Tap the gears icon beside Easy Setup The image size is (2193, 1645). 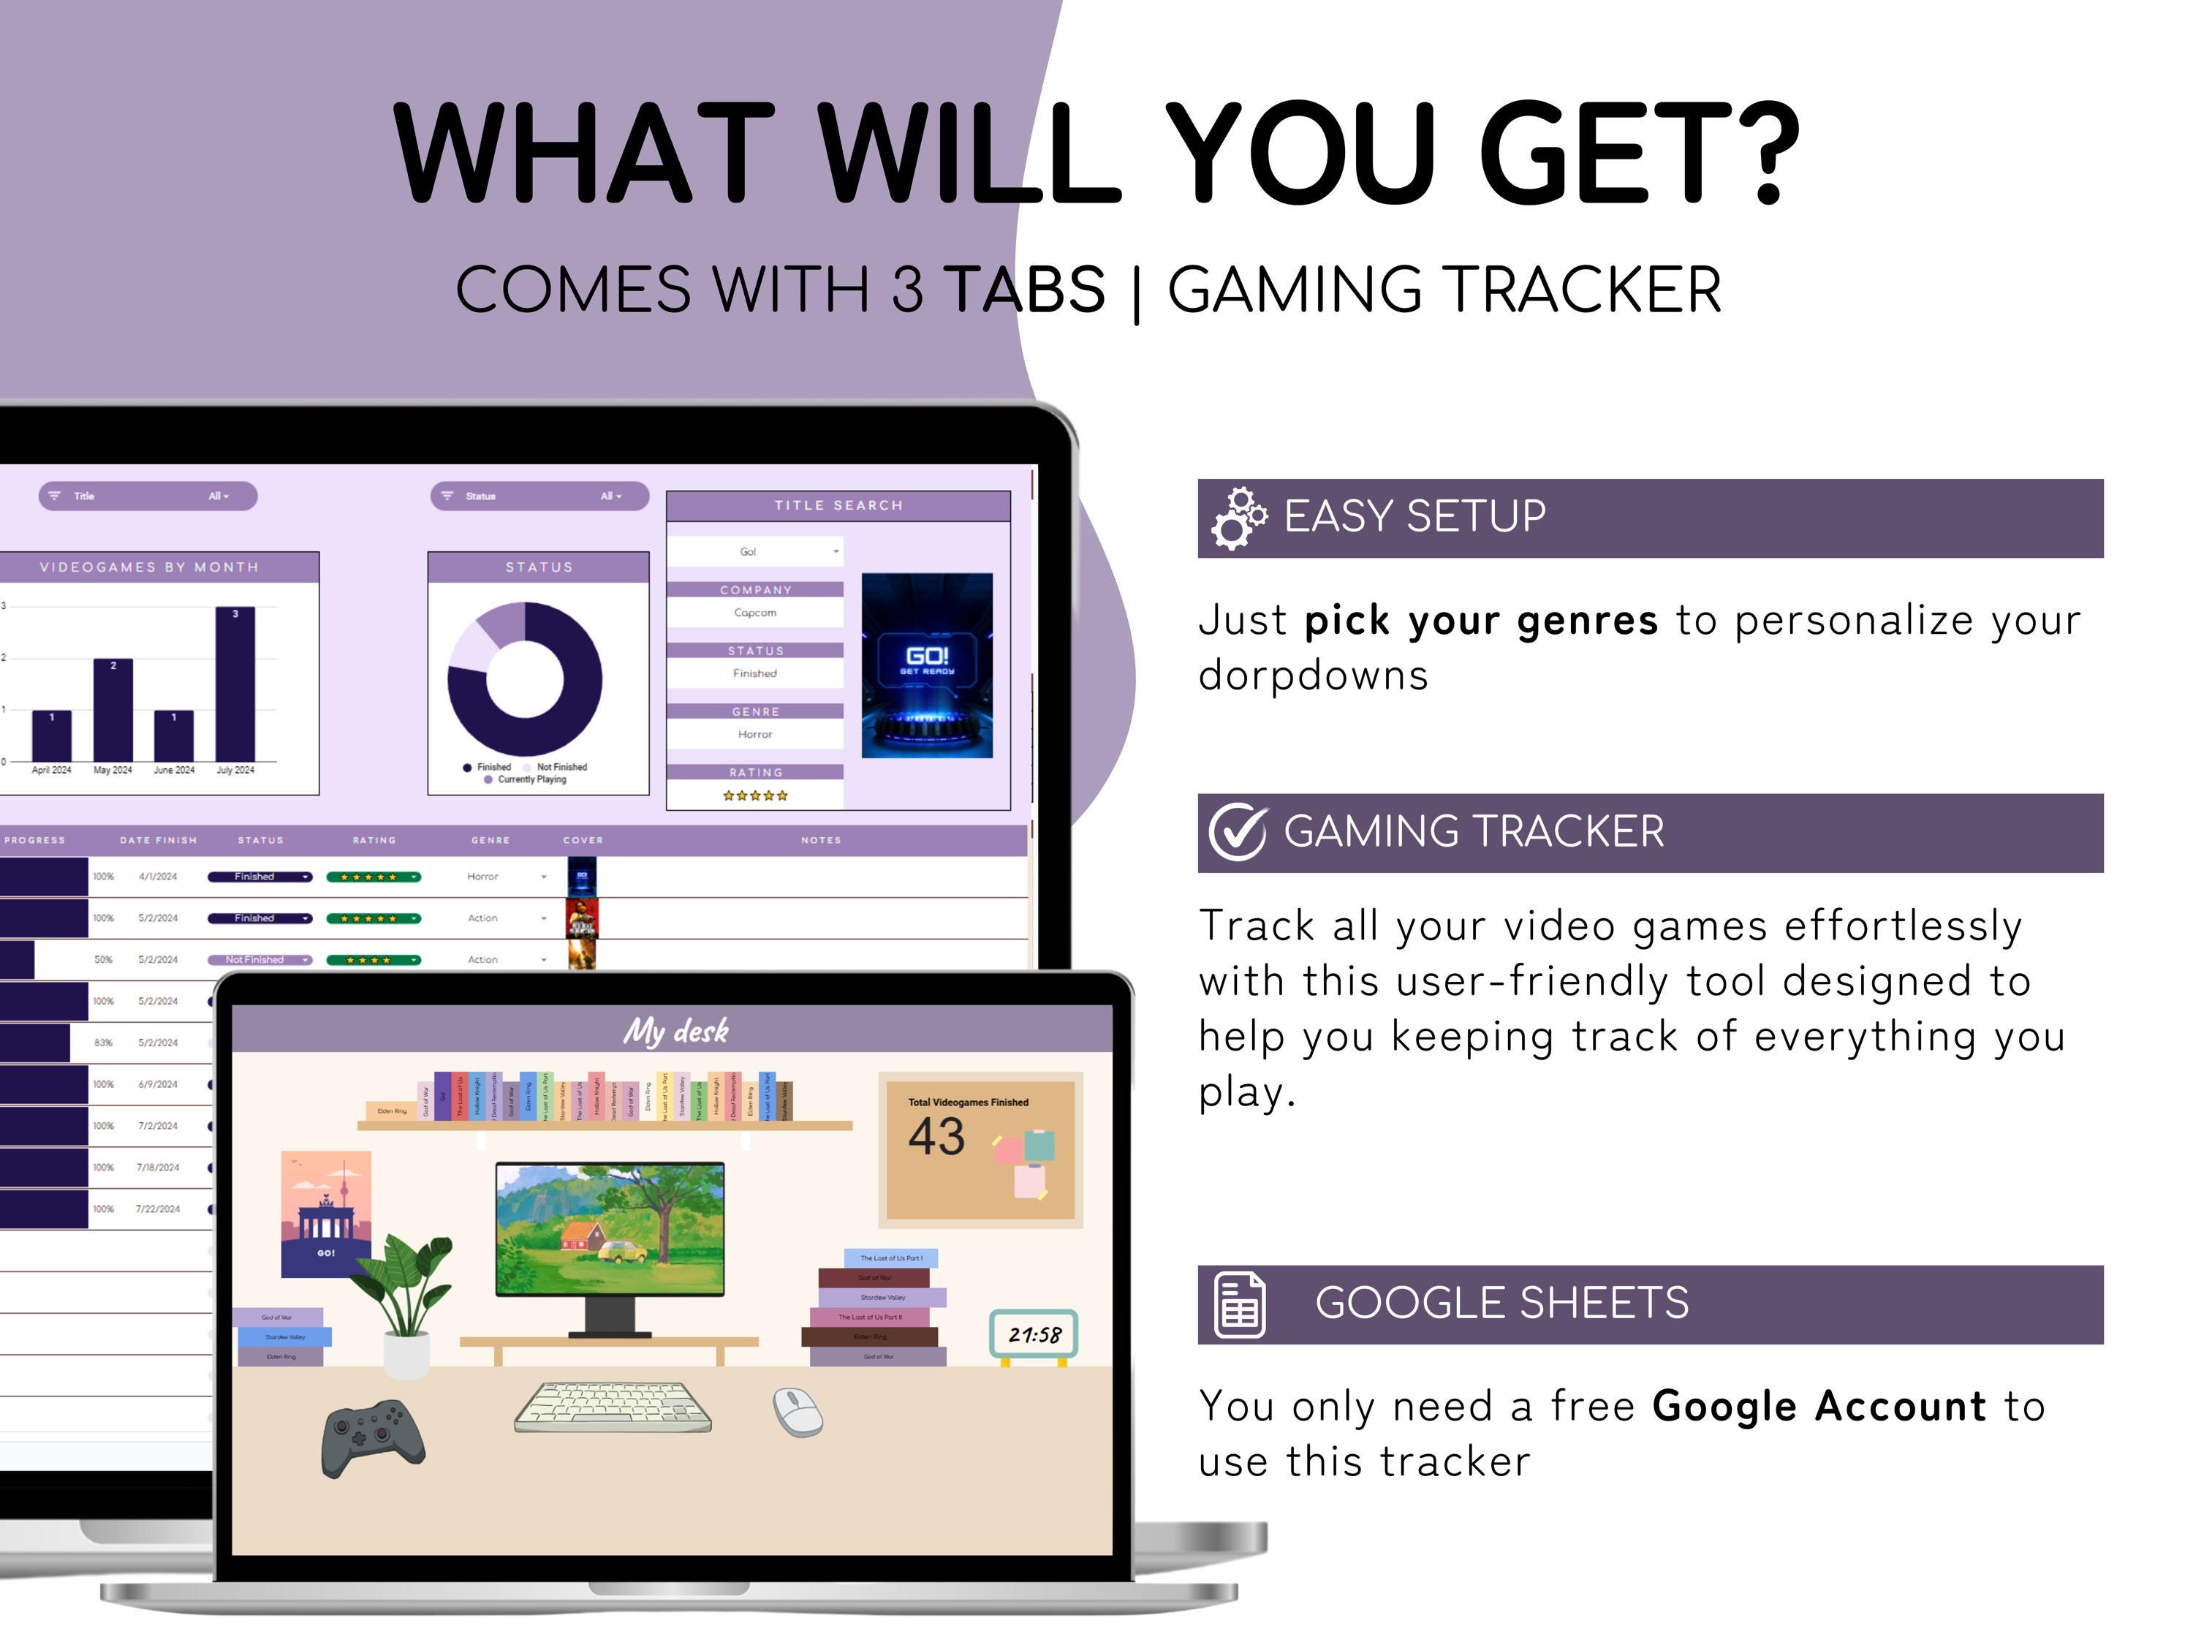click(x=1238, y=518)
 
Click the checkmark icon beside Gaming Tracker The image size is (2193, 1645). click(x=1238, y=833)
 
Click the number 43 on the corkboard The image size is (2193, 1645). click(x=936, y=1136)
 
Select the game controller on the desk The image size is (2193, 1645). click(x=373, y=1438)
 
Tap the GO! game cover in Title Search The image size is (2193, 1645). click(x=927, y=665)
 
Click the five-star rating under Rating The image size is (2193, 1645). click(x=755, y=795)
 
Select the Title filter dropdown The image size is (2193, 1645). click(x=148, y=496)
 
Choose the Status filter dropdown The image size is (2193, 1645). click(x=539, y=496)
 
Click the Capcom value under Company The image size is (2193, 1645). click(x=755, y=613)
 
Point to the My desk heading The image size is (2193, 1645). click(x=675, y=1031)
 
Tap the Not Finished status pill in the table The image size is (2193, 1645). click(x=259, y=960)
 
